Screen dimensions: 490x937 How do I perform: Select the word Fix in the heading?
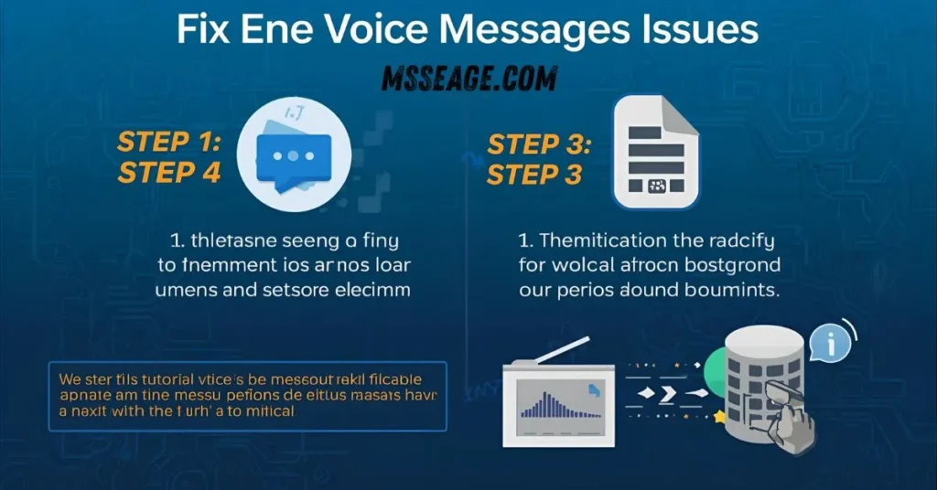[x=204, y=29]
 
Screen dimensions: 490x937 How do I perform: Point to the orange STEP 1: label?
[x=169, y=143]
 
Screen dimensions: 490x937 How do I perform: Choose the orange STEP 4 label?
[x=169, y=173]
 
